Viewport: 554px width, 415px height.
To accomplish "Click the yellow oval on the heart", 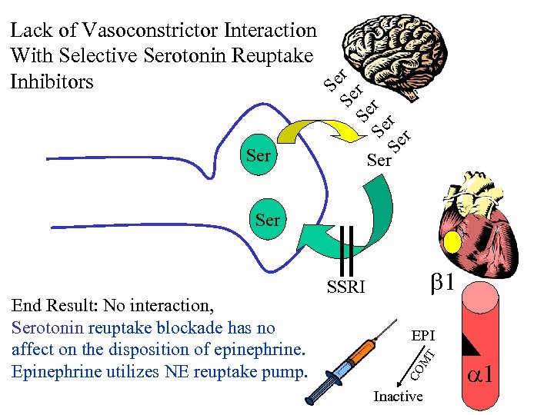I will [452, 243].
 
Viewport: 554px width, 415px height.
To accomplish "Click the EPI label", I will [423, 336].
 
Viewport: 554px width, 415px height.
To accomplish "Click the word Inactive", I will [398, 397].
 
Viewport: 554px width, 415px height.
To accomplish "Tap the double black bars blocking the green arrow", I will [345, 250].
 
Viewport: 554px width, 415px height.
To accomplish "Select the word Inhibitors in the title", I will [52, 81].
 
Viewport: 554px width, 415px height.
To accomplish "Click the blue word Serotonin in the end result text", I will [48, 327].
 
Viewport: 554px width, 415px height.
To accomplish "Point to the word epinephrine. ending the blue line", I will [262, 350].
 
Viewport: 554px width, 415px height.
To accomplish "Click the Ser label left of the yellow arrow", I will [259, 155].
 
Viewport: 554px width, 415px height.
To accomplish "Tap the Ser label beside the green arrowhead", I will [267, 219].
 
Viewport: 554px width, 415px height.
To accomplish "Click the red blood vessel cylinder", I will [485, 346].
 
